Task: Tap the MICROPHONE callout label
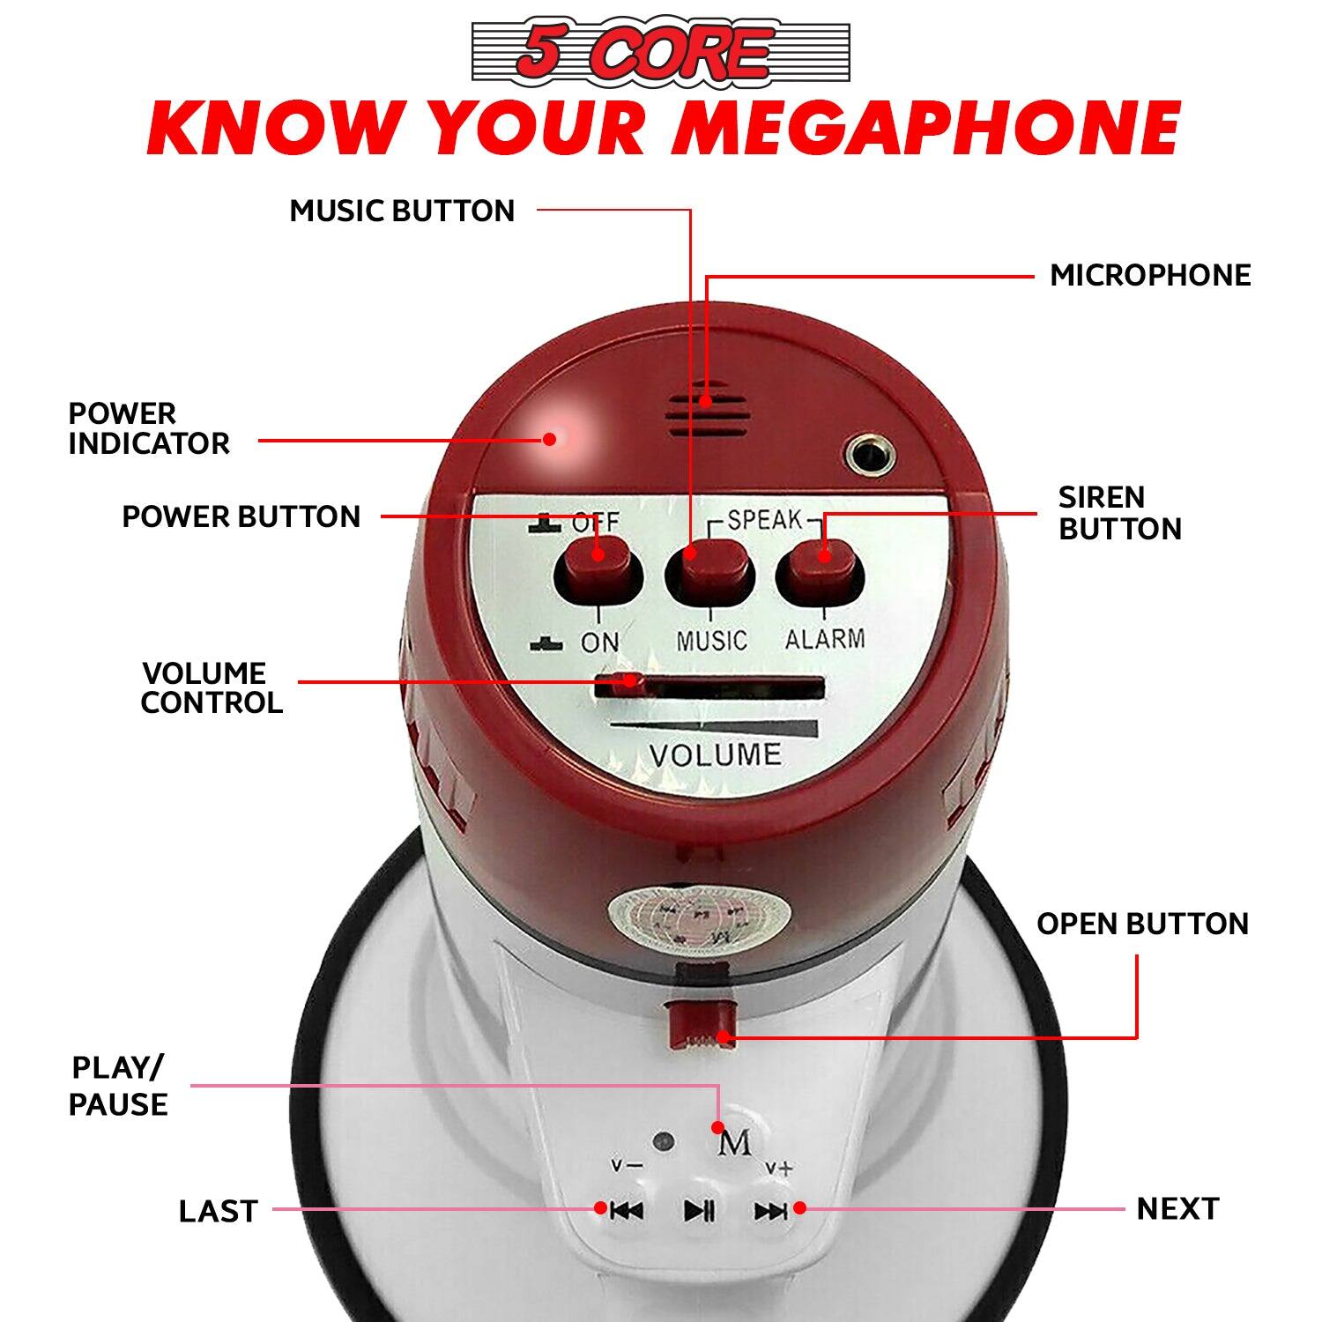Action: click(1150, 275)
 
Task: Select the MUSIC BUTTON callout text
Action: click(402, 211)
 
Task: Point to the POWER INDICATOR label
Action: click(149, 428)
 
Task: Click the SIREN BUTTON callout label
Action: click(1119, 513)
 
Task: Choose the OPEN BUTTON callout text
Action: click(1142, 924)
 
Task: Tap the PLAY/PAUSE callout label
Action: click(118, 1086)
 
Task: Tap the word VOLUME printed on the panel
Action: click(715, 755)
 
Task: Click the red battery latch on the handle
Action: click(700, 1023)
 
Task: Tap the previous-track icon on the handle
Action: click(627, 1211)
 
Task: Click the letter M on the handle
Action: click(734, 1143)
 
